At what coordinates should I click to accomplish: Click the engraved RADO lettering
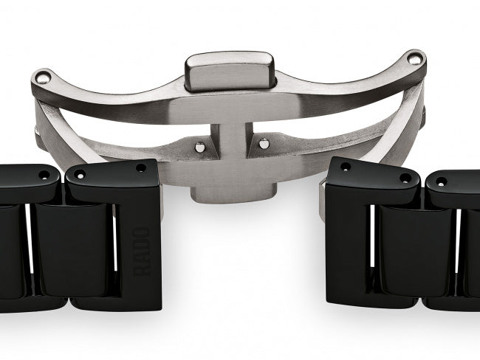click(x=141, y=252)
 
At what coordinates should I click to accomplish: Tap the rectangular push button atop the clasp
click(x=229, y=71)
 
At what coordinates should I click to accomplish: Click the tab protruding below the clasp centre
click(x=233, y=193)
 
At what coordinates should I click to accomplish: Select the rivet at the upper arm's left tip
click(x=43, y=77)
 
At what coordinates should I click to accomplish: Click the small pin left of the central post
click(x=199, y=147)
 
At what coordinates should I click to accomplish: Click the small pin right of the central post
click(x=264, y=143)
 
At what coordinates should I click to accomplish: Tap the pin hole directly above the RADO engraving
click(x=141, y=168)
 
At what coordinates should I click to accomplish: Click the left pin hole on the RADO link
click(x=80, y=176)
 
